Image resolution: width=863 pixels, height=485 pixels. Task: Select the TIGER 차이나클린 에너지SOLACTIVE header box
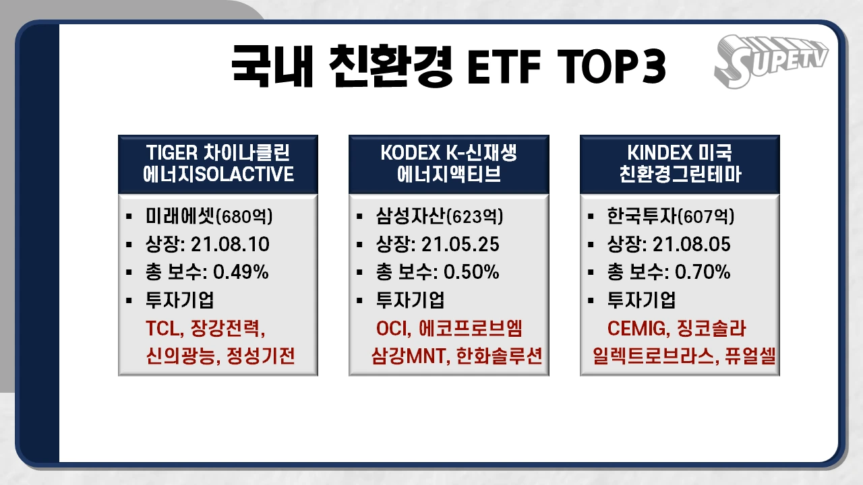tap(218, 164)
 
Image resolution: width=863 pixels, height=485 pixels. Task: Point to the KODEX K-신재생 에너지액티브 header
tap(448, 164)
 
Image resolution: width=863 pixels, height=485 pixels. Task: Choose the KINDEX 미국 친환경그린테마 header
tap(680, 164)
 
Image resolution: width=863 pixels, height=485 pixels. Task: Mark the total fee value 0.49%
tap(241, 272)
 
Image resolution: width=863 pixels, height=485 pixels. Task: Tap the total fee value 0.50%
tap(471, 272)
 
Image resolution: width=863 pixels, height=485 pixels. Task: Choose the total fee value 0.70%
tap(703, 272)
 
